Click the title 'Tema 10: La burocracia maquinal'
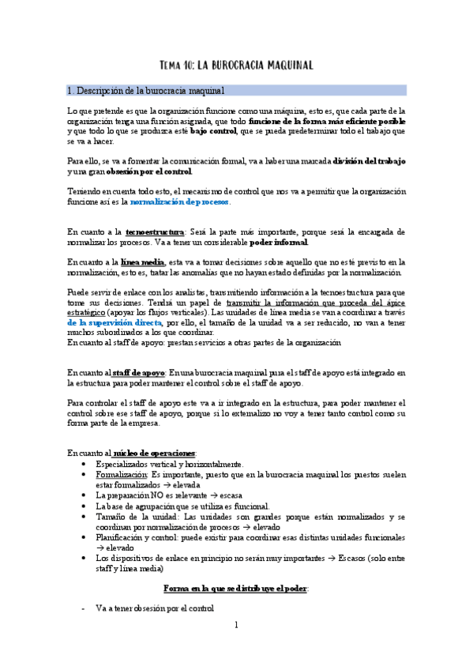point(237,65)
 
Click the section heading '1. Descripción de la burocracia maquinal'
point(148,91)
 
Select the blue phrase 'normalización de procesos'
point(179,202)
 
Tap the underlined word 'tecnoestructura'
point(154,232)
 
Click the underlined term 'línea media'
point(143,262)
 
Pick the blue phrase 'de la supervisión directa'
point(114,323)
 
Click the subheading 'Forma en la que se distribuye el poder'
point(235,589)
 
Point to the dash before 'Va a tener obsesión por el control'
point(83,609)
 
